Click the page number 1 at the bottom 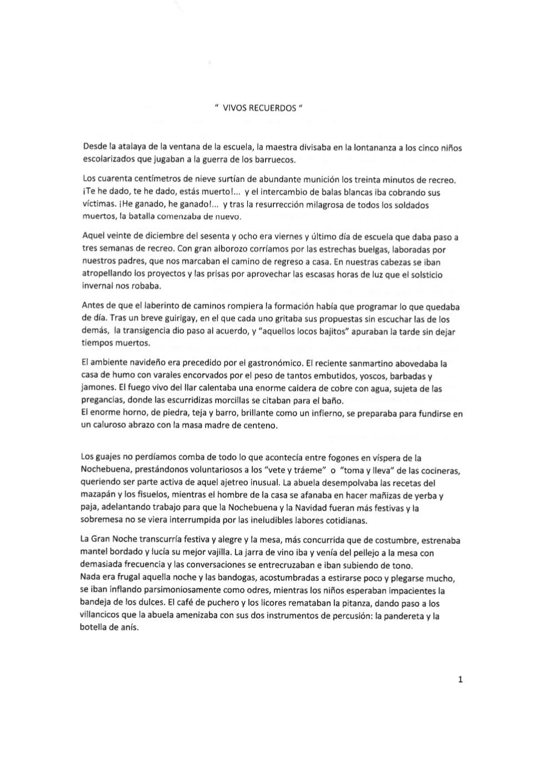pos(460,679)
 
